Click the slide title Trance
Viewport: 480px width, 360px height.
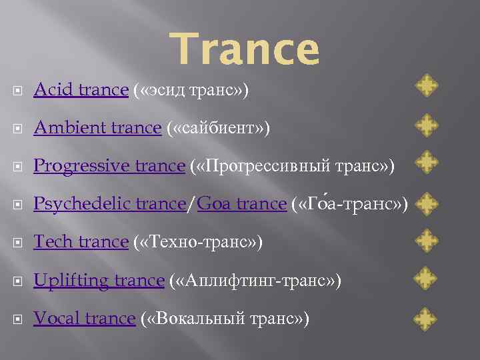pos(245,50)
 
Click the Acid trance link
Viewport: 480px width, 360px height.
pos(81,89)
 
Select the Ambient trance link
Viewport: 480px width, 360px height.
pos(97,127)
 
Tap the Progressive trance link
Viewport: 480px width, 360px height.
pos(109,165)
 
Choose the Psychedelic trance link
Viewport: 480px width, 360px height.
pos(109,204)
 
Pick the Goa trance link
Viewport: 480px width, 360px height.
pos(241,204)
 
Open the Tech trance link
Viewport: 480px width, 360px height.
pos(81,242)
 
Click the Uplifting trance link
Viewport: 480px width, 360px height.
pos(99,281)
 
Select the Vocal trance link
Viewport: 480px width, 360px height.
pos(84,319)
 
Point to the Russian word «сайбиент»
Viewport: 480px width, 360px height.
pos(217,127)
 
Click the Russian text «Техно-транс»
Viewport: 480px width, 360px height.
pos(198,242)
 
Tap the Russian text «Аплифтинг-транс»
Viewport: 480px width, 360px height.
pos(256,281)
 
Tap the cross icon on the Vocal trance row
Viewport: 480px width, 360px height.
pos(426,317)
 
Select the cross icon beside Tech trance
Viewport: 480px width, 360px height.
pos(426,240)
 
